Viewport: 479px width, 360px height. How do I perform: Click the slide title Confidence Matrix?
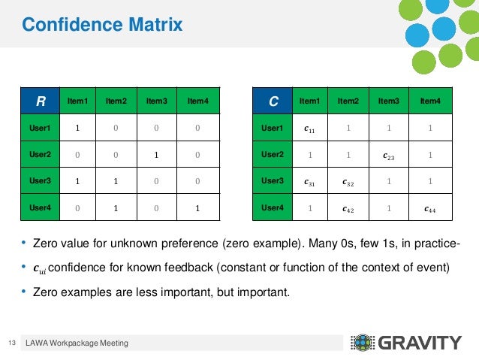pyautogui.click(x=102, y=26)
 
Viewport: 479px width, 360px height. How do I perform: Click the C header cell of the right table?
pyautogui.click(x=275, y=101)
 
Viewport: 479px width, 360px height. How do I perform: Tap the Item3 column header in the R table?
pyautogui.click(x=157, y=101)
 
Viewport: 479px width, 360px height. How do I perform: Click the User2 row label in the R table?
pyautogui.click(x=40, y=155)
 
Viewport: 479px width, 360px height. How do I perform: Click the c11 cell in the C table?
pyautogui.click(x=309, y=129)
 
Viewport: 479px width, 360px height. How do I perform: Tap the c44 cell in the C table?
pyautogui.click(x=430, y=208)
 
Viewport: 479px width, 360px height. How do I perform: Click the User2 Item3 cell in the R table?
pyautogui.click(x=157, y=155)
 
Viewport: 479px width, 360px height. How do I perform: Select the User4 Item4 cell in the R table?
pyautogui.click(x=197, y=207)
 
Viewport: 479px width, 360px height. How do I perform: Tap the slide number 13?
pyautogui.click(x=11, y=343)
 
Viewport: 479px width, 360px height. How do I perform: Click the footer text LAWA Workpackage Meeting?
pyautogui.click(x=77, y=343)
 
